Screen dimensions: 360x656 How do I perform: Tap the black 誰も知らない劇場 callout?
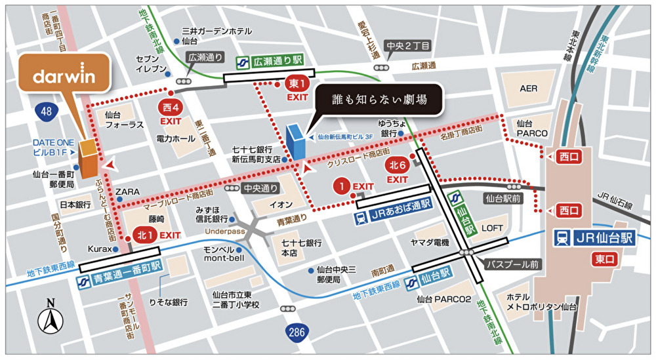[380, 100]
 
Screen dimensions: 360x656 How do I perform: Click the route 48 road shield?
[45, 112]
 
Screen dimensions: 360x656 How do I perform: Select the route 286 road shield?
[297, 332]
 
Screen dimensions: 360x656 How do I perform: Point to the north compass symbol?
[50, 319]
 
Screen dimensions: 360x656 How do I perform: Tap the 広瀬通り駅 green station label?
[269, 60]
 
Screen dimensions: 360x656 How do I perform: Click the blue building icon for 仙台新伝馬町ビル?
[296, 141]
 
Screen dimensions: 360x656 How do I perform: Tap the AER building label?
[528, 88]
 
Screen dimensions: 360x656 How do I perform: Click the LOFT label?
[493, 228]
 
